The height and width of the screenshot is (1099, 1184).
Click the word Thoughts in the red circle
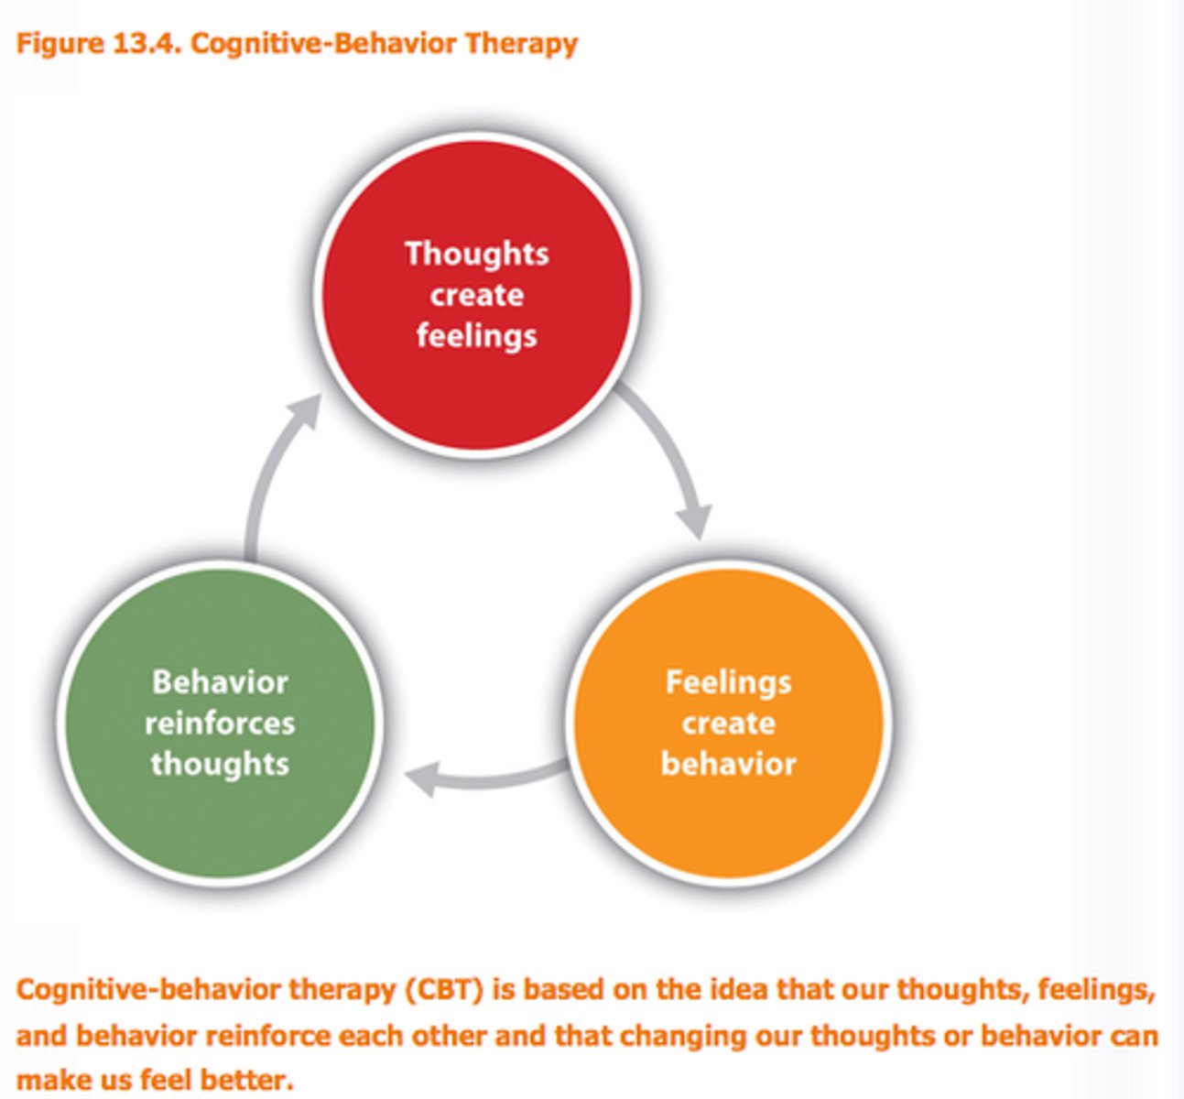476,254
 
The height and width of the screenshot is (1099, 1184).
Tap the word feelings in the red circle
476,335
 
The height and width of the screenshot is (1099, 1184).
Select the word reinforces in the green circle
220,724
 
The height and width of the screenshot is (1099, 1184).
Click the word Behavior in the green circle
220,682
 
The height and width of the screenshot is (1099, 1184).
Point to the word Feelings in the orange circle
728,682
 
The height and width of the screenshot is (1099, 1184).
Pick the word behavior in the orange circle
728,764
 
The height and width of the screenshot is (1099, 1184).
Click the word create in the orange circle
728,724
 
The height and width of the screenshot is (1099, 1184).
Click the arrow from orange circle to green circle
485,777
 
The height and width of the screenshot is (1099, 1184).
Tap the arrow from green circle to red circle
275,476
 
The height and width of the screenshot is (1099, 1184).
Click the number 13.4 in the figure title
147,43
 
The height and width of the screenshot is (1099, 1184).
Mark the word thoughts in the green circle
220,764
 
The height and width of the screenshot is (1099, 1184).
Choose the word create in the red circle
476,295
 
